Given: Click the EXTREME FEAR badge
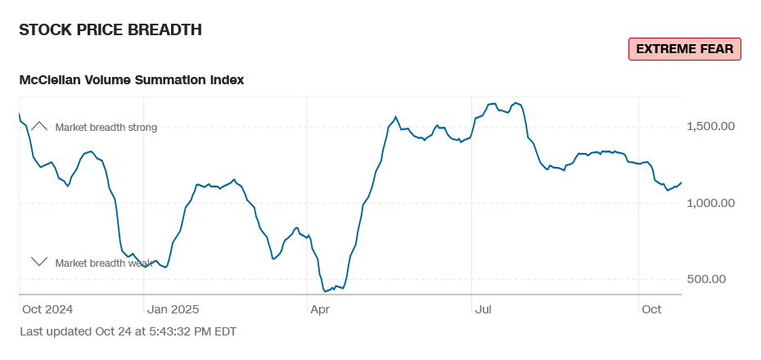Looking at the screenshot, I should [684, 49].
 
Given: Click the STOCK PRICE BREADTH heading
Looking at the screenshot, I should [110, 30].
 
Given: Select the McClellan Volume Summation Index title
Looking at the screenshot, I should [132, 80].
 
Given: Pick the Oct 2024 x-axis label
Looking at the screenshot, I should [48, 309].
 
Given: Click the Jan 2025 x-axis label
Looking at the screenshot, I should [173, 309].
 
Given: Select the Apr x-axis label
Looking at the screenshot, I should [319, 309].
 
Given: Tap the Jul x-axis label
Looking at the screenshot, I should [484, 309].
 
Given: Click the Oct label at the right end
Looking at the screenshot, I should [651, 309].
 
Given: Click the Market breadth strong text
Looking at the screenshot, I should [106, 128].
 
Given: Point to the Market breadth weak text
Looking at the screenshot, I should [104, 263].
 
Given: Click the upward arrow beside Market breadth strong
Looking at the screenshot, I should [39, 127].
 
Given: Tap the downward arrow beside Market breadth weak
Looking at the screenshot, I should [39, 262].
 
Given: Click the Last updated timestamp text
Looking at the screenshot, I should [128, 331].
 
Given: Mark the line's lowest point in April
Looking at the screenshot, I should [326, 291].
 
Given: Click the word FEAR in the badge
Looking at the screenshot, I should [716, 49].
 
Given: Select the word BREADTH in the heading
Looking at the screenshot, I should [164, 30].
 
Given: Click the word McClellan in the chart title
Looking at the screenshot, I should [52, 80].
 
